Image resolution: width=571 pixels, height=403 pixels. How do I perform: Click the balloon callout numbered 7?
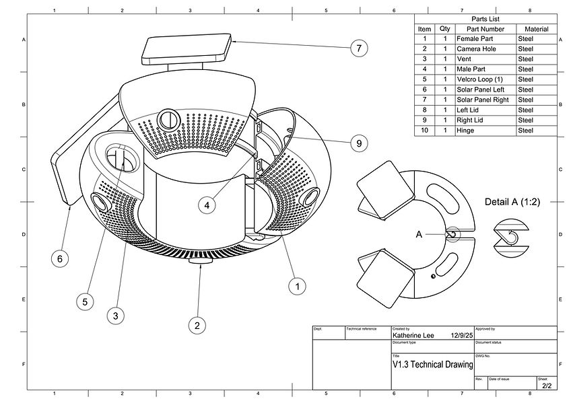359,48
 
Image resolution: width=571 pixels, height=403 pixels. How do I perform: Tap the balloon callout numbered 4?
208,205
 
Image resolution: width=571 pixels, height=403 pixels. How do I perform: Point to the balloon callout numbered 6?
61,258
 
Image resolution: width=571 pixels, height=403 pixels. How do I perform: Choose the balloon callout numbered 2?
197,326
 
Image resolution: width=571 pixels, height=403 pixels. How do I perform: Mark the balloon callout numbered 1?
294,286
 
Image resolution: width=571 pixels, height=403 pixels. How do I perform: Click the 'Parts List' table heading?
485,19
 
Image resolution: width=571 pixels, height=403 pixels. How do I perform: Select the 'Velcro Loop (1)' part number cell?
485,79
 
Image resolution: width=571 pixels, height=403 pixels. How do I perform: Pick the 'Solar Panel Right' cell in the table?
485,100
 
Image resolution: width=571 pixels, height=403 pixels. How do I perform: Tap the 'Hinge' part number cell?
485,130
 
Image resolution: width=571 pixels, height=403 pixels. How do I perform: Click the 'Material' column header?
536,29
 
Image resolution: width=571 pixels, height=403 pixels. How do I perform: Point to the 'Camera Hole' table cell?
485,49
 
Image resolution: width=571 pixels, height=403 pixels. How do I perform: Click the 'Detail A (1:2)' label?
512,202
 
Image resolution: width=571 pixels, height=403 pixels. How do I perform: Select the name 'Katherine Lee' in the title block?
413,334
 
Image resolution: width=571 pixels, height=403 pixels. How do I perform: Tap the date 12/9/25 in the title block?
462,334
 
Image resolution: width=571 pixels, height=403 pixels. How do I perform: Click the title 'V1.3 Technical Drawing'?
432,364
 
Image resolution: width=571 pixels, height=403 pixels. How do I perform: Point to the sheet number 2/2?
546,386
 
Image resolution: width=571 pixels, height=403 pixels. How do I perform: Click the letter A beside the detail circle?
419,234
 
